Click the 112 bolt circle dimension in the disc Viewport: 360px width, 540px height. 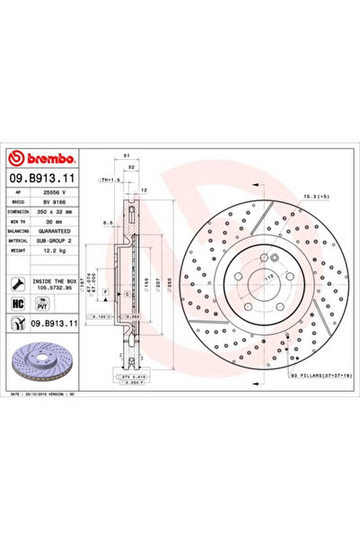(268, 279)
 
